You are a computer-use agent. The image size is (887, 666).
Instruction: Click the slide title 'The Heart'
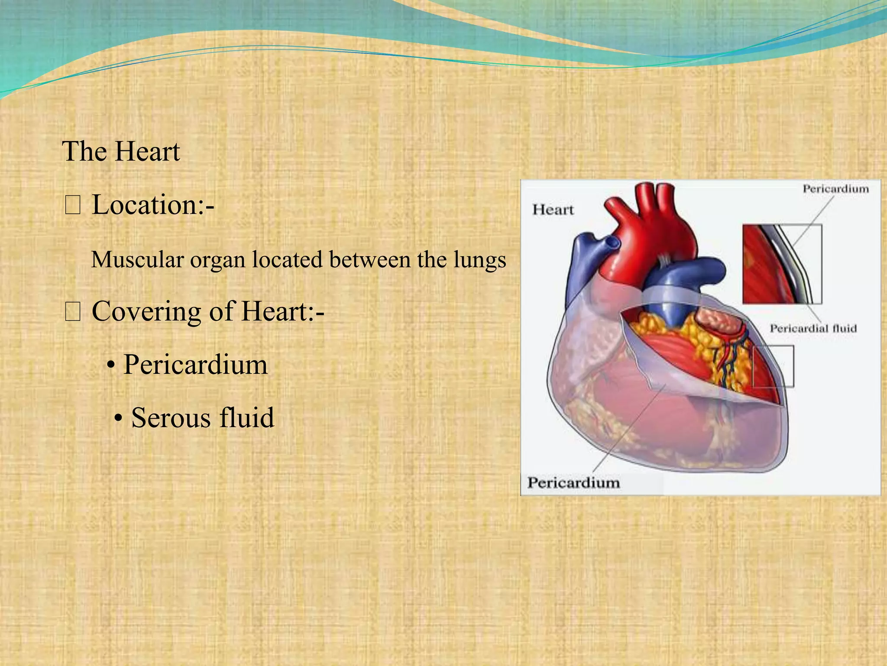(x=121, y=151)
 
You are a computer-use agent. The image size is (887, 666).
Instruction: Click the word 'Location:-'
(x=153, y=205)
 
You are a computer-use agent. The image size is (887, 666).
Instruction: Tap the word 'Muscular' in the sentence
(x=137, y=260)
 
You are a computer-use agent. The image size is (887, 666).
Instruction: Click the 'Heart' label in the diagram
(x=553, y=210)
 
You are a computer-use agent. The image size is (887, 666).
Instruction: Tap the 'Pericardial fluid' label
(x=813, y=328)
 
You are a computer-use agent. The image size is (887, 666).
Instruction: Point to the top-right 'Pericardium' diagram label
(x=835, y=189)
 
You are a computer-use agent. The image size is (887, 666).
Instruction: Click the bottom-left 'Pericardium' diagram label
(x=573, y=483)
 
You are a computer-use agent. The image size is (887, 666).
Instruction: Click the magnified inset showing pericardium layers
(x=782, y=264)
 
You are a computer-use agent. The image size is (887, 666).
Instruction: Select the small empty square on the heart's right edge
(x=773, y=366)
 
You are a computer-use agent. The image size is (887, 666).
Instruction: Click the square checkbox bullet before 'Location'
(x=72, y=206)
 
